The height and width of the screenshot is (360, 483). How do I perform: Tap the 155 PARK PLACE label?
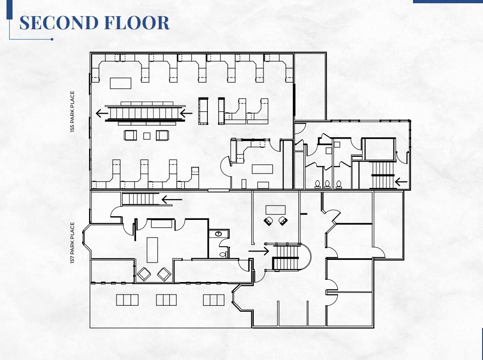pyautogui.click(x=73, y=112)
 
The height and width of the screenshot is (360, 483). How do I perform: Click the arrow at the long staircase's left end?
pyautogui.click(x=100, y=112)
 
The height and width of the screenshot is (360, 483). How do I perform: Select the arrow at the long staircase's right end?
pyautogui.click(x=186, y=113)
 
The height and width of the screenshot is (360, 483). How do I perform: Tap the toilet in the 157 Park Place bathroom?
pyautogui.click(x=223, y=254)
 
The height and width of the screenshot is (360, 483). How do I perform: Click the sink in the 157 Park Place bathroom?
pyautogui.click(x=218, y=234)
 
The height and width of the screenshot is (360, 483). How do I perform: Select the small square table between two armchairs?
pyautogui.click(x=146, y=135)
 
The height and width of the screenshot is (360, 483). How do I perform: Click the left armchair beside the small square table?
pyautogui.click(x=130, y=135)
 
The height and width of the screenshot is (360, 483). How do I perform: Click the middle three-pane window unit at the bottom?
pyautogui.click(x=166, y=300)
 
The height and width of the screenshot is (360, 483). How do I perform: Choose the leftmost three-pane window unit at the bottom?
pyautogui.click(x=127, y=300)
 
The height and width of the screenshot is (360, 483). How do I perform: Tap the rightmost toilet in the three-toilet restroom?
pyautogui.click(x=339, y=184)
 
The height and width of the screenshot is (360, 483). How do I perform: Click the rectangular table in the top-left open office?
pyautogui.click(x=121, y=83)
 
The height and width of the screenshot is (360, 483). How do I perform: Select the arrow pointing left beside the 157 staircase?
pyautogui.click(x=172, y=200)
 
